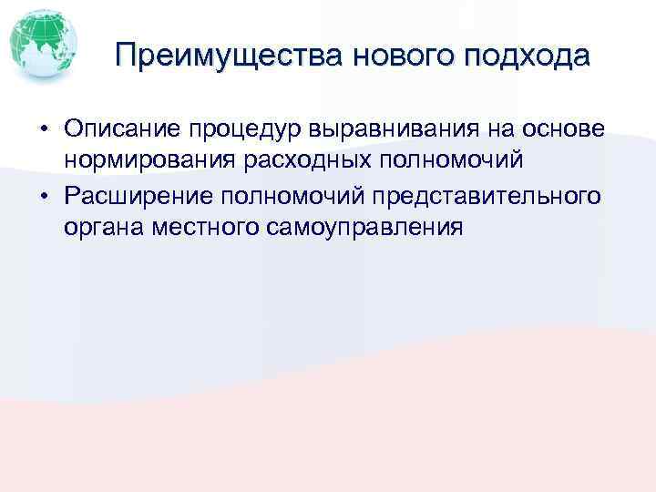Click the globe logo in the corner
(x=40, y=45)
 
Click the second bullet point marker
(x=43, y=196)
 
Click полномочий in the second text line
(x=444, y=161)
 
